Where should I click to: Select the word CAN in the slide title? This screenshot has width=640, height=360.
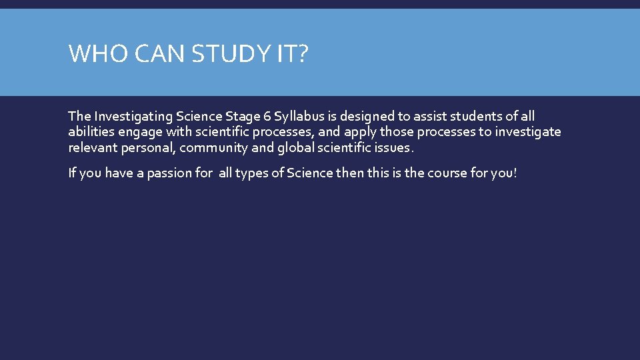159,53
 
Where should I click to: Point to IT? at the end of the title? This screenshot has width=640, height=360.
291,53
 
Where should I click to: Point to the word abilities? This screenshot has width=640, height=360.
90,132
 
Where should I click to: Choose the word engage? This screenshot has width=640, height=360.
136,132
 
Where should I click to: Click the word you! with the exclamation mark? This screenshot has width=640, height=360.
504,173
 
